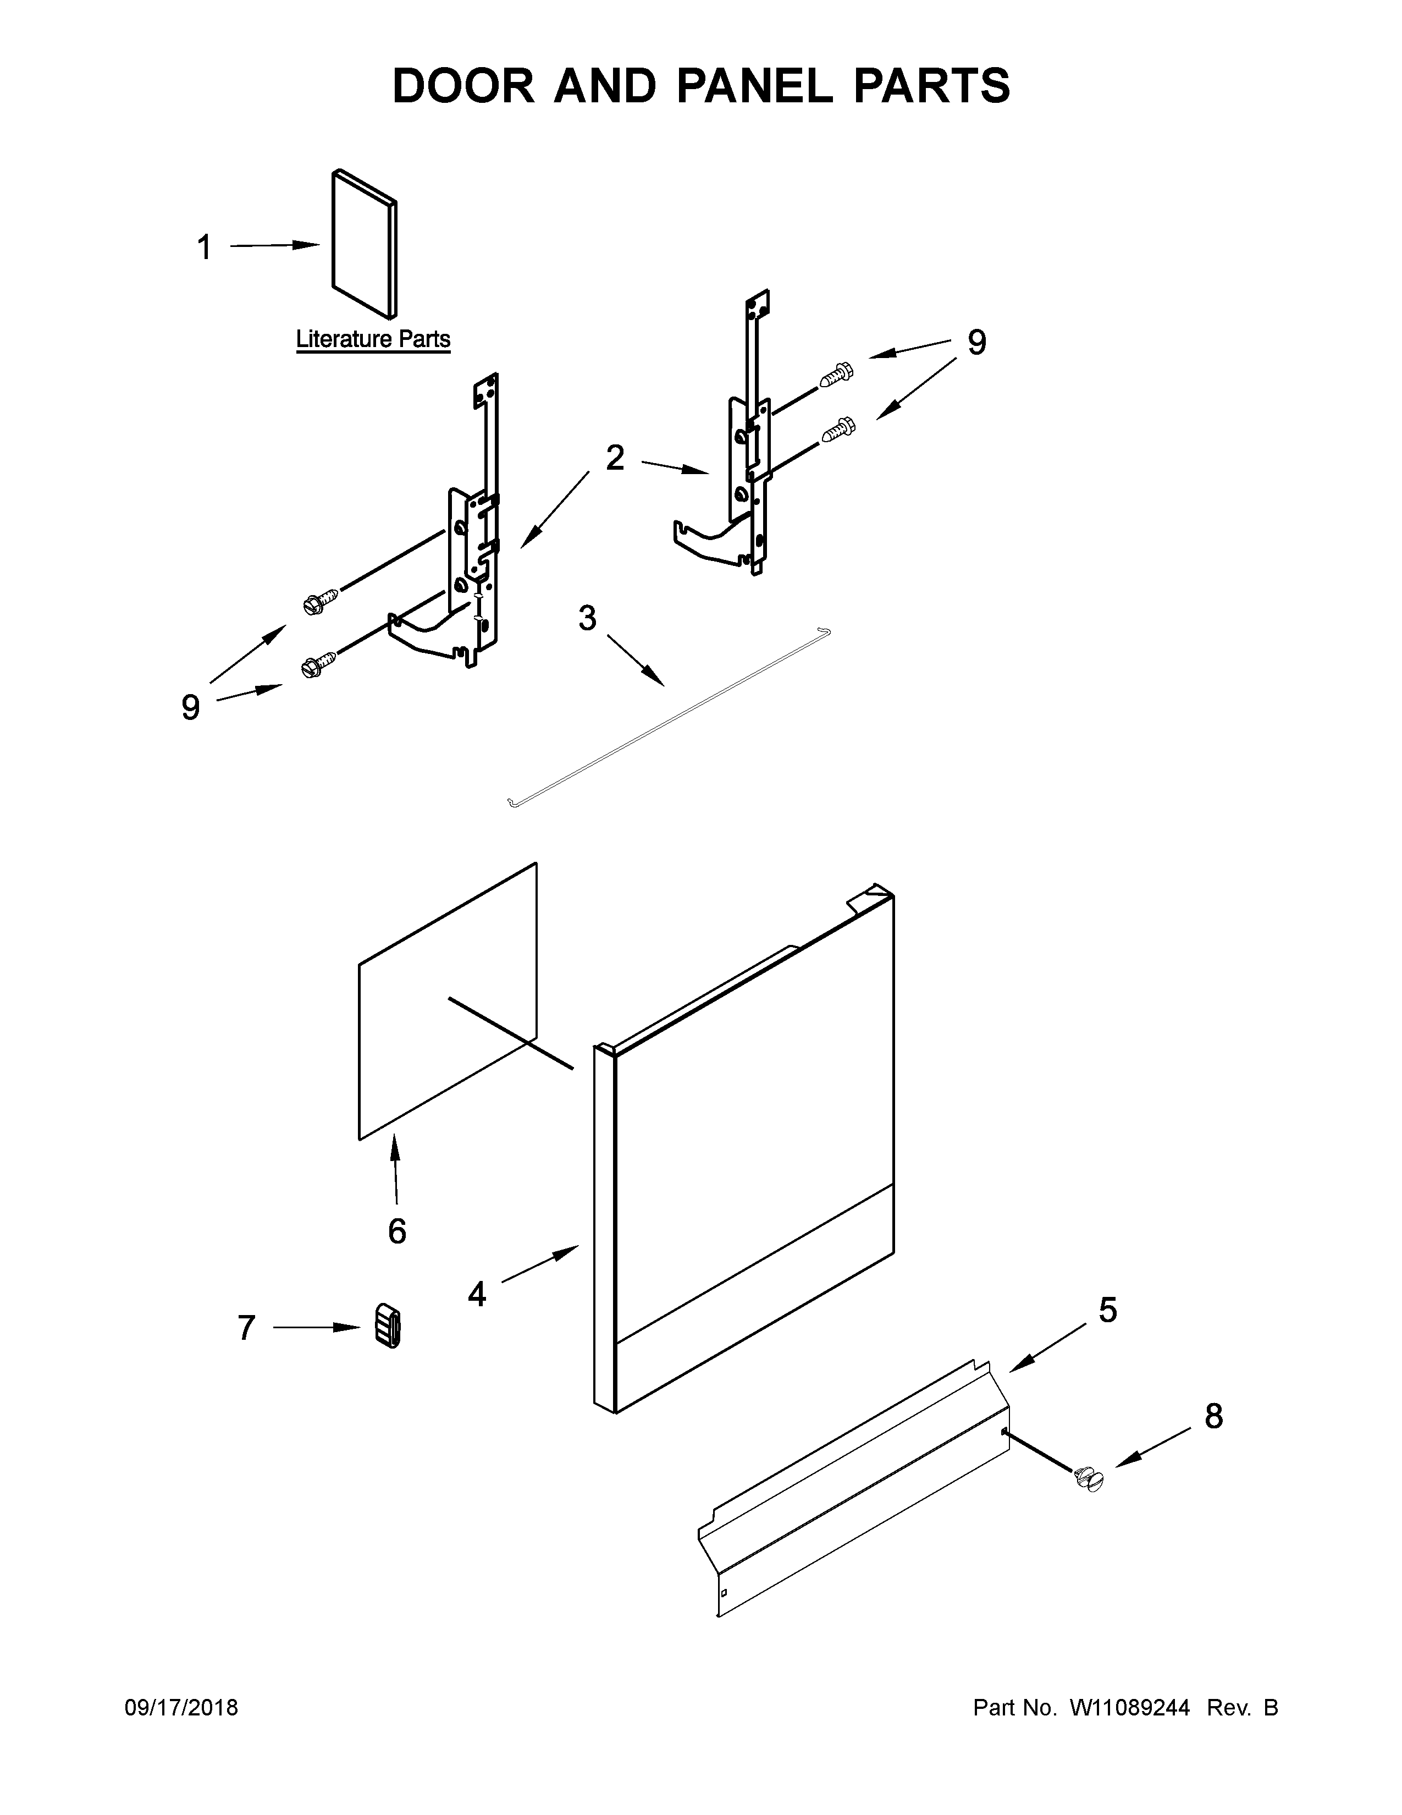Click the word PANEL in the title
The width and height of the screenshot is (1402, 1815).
755,86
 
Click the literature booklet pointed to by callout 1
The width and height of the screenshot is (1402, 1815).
364,245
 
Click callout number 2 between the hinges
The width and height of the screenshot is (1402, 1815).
615,458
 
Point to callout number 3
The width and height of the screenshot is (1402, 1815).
587,618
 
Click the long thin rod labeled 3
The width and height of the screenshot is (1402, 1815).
665,716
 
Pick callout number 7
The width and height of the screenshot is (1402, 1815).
246,1328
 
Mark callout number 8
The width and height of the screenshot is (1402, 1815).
1213,1416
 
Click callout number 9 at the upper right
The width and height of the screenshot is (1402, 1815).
977,343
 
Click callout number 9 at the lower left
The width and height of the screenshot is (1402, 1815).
190,707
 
